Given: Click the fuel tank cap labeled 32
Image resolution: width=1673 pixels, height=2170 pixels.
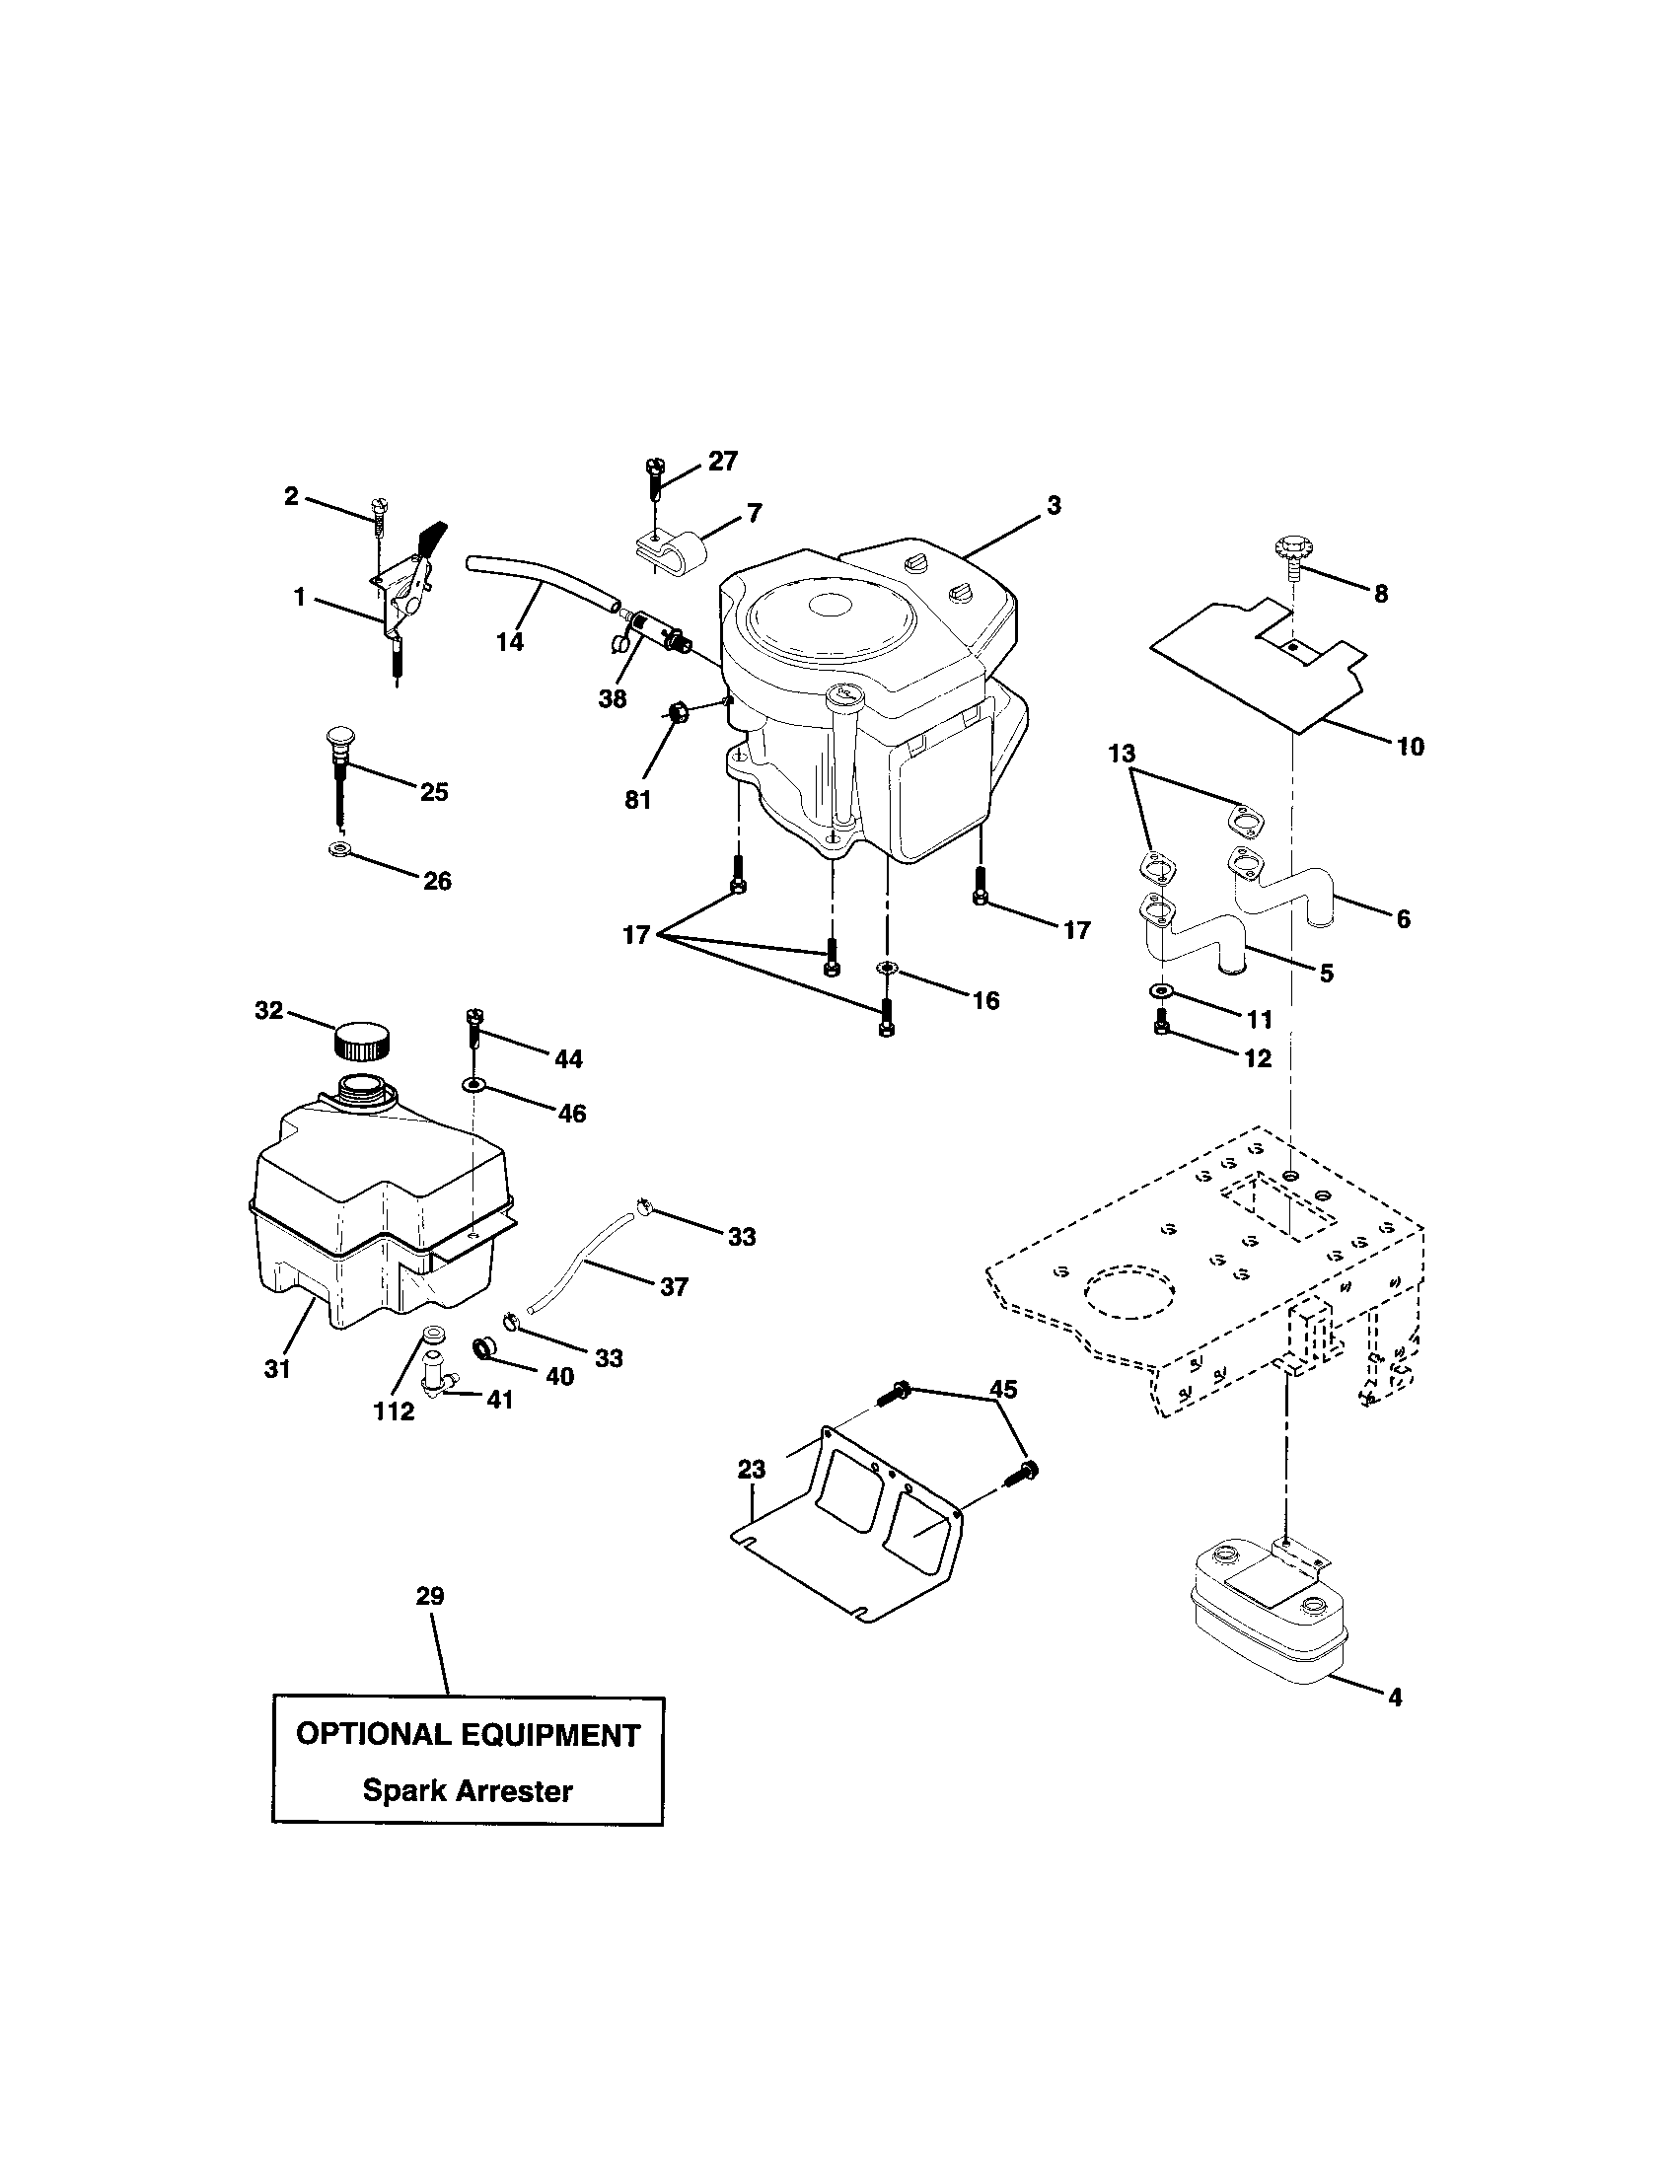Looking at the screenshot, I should click(361, 1043).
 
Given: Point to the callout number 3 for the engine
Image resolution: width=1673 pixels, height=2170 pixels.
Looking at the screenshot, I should click(1054, 505).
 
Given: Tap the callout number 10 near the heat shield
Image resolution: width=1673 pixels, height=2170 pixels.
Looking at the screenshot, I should click(1410, 747).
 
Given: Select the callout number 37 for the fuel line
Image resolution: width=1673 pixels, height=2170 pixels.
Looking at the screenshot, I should click(674, 1286).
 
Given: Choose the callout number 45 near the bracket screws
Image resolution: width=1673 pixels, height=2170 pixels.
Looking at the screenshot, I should click(1003, 1389).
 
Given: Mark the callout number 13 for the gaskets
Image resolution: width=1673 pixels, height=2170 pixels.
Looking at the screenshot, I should click(1122, 755).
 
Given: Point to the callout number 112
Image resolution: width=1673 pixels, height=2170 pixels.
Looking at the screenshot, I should click(394, 1410).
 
